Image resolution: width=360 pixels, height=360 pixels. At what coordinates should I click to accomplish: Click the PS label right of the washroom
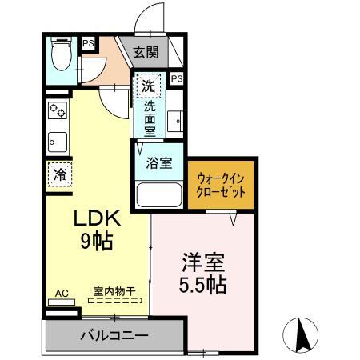(176, 78)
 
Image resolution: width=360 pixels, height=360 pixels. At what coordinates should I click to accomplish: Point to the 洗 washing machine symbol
(147, 85)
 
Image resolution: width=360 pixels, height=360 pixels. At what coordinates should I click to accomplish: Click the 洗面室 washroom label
(149, 116)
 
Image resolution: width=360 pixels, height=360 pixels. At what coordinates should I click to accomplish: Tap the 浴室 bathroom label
(158, 163)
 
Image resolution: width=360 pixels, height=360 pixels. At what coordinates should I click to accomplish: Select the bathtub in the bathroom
(158, 195)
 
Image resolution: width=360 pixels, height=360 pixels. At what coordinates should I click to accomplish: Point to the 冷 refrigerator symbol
(60, 174)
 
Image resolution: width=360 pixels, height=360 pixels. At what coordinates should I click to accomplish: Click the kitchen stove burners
(58, 110)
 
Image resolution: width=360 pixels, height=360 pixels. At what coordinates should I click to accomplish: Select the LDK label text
(97, 218)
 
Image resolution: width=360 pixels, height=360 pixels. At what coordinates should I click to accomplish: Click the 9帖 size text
(97, 239)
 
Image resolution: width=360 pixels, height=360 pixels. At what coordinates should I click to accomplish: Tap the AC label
(60, 292)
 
